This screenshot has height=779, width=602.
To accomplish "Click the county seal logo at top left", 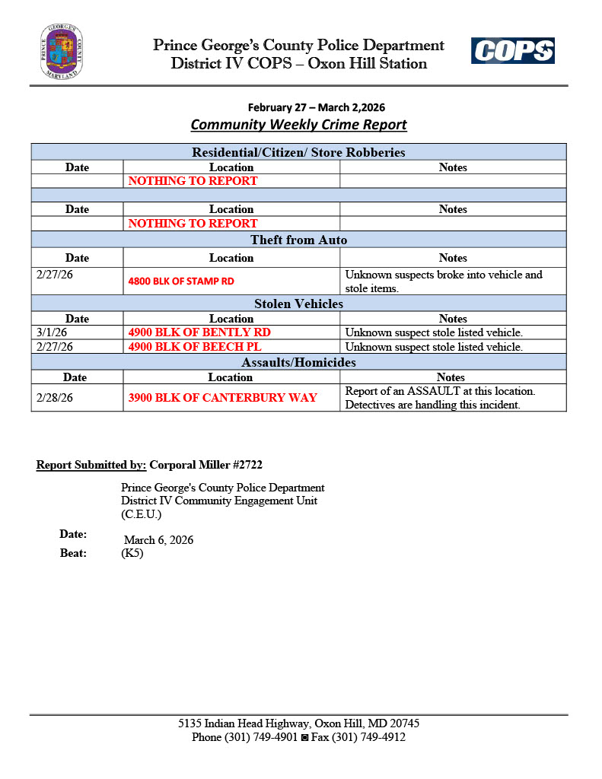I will [x=62, y=52].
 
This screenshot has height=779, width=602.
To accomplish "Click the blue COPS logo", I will [x=512, y=51].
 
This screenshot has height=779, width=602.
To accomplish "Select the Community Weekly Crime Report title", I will [x=298, y=124].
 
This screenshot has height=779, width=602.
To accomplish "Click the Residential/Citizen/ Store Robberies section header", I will [x=298, y=152].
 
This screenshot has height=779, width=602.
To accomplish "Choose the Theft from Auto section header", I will [x=298, y=240].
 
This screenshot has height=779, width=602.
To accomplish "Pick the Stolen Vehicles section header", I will [x=298, y=304].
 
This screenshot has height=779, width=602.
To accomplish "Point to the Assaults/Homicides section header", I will [x=298, y=362].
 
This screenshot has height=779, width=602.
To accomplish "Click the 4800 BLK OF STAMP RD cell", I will [x=181, y=281].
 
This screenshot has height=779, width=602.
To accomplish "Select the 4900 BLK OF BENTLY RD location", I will [x=199, y=332].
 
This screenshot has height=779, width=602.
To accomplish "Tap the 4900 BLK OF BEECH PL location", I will [x=195, y=347].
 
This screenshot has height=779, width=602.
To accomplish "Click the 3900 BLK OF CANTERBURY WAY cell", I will [x=222, y=398].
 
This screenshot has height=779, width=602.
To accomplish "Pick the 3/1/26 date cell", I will [x=52, y=332].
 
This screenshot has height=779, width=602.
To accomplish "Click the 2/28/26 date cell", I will [x=54, y=398].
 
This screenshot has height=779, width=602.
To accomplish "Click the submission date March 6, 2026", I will [x=158, y=540].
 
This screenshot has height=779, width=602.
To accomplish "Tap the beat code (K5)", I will [x=132, y=554].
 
